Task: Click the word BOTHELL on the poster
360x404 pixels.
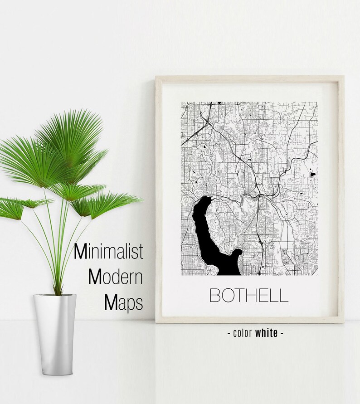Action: click(248, 295)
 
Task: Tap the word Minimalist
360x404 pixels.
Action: click(108, 252)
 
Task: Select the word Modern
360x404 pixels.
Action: click(116, 277)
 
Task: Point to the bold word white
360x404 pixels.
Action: click(266, 333)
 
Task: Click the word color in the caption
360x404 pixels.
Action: click(243, 333)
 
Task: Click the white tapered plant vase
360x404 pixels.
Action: click(54, 336)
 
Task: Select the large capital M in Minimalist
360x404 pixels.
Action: click(80, 252)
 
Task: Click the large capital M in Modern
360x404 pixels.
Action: click(96, 277)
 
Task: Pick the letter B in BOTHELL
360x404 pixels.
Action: click(215, 295)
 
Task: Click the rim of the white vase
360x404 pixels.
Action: click(54, 296)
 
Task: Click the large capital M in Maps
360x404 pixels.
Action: click(111, 303)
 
